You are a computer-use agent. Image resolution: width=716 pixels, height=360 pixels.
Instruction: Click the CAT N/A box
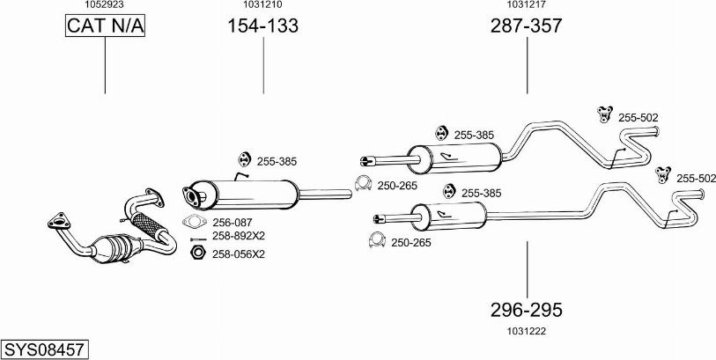tap(105, 26)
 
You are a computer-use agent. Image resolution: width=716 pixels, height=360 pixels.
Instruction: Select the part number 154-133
tap(262, 26)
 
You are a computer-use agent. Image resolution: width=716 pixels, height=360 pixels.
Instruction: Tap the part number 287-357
tap(526, 26)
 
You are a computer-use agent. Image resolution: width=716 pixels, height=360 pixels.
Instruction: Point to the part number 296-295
tap(526, 310)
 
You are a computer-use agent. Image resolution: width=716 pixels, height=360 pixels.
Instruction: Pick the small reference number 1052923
tap(104, 5)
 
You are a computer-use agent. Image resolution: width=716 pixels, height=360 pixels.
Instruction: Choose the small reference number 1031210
tap(262, 5)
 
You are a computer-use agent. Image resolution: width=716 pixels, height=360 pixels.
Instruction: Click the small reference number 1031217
tap(526, 5)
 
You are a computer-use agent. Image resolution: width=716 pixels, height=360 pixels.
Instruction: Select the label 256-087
tap(233, 223)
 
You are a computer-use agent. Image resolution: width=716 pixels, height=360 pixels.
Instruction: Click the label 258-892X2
tap(238, 236)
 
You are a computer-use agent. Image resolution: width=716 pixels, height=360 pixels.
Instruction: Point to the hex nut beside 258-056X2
tap(197, 253)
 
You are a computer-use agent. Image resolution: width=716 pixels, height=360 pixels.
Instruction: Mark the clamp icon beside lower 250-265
tap(377, 240)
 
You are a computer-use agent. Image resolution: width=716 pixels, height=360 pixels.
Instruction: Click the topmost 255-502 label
tap(638, 117)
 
